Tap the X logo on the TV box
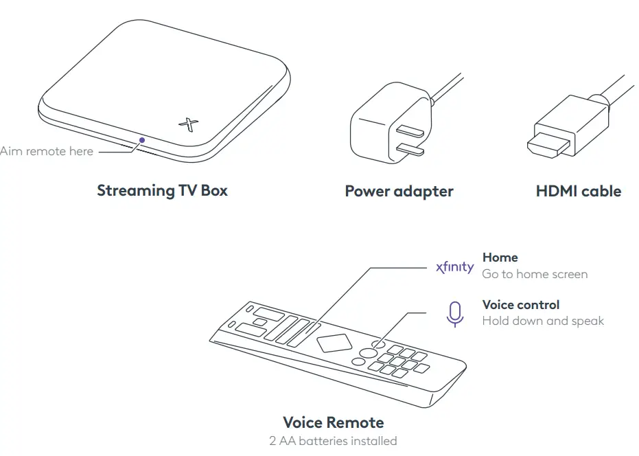[x=188, y=124]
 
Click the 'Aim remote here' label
[x=46, y=151]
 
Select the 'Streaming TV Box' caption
[x=162, y=190]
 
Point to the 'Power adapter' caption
[x=399, y=191]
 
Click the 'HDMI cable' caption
[x=578, y=191]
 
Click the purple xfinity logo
[x=454, y=267]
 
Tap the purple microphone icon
[x=454, y=314]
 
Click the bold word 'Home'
[x=500, y=258]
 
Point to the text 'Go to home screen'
[x=535, y=274]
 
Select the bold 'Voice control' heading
[x=520, y=305]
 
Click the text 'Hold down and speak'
[x=543, y=321]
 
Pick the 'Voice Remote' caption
[x=333, y=422]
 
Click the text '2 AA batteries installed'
[x=333, y=441]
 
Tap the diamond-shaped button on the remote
[x=334, y=343]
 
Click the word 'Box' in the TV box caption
[x=214, y=190]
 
